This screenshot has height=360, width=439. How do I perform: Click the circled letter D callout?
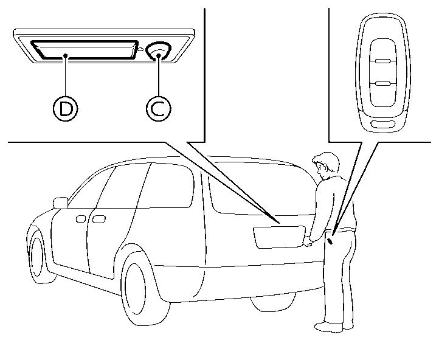pyautogui.click(x=65, y=109)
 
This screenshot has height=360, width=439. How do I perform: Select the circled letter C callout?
pyautogui.click(x=158, y=109)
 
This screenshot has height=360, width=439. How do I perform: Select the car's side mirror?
pyautogui.click(x=60, y=202)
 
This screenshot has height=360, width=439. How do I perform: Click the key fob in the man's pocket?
pyautogui.click(x=330, y=240)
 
